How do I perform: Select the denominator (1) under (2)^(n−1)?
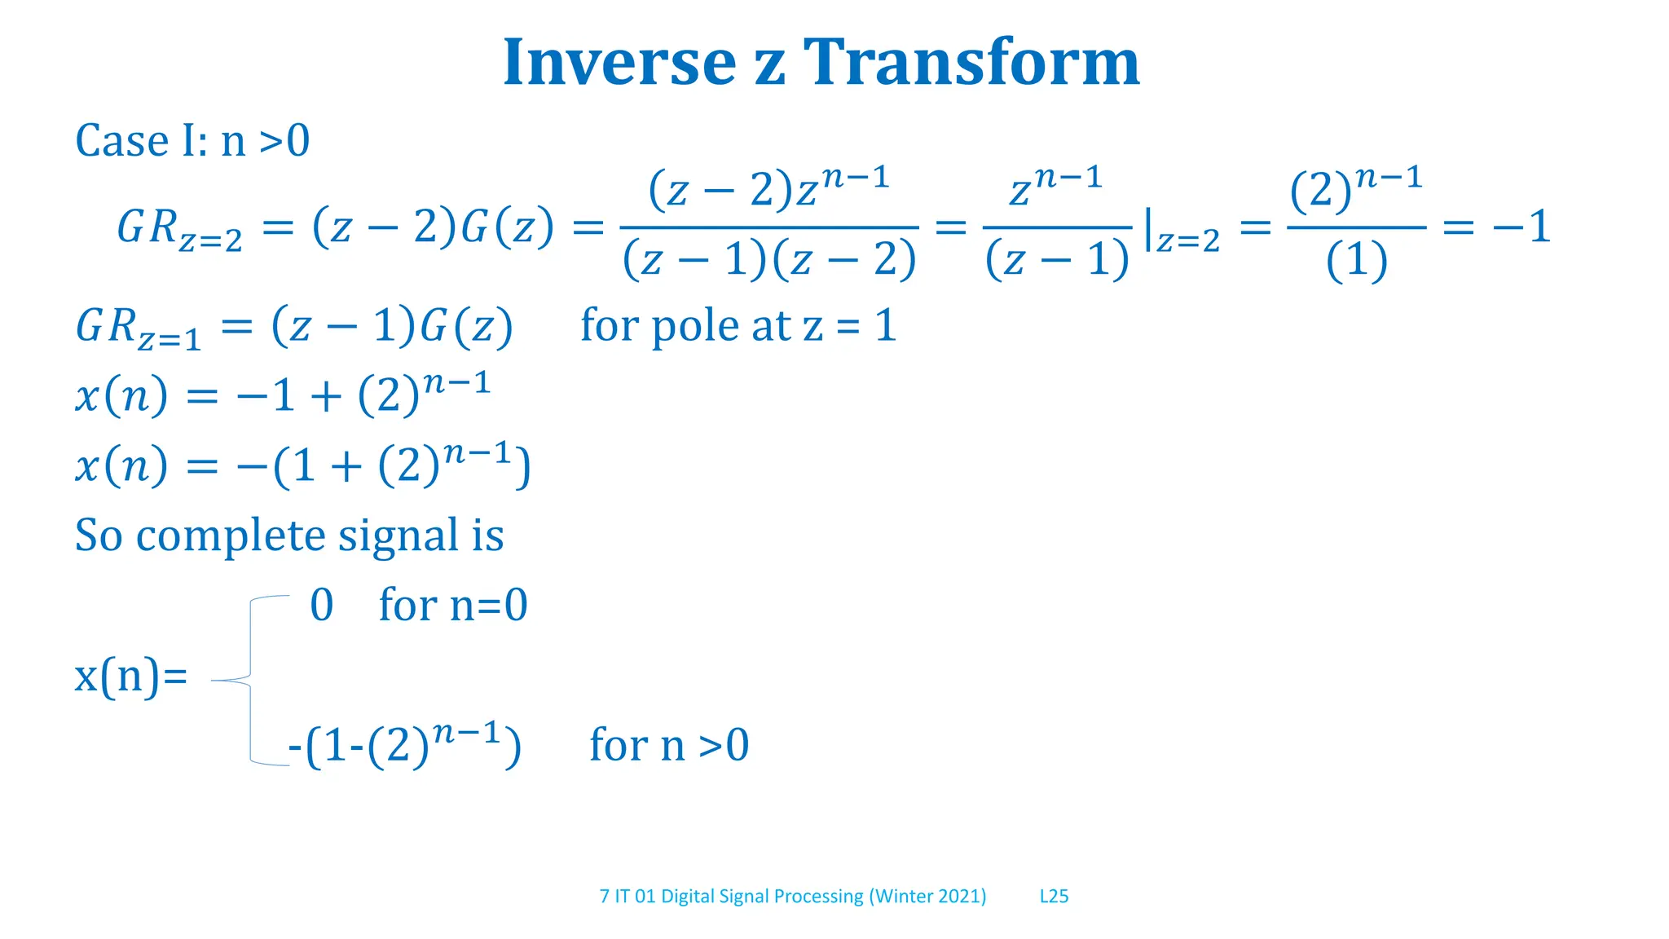[x=1356, y=262]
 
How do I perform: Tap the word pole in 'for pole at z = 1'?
[x=698, y=326]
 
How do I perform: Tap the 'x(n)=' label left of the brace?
[x=130, y=676]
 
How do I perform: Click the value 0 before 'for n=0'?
[x=322, y=606]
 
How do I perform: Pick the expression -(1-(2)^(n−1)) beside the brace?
[x=405, y=745]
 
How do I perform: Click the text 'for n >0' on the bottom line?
[x=668, y=745]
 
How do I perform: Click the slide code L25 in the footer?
[x=1054, y=897]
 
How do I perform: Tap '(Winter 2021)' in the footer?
[x=927, y=897]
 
